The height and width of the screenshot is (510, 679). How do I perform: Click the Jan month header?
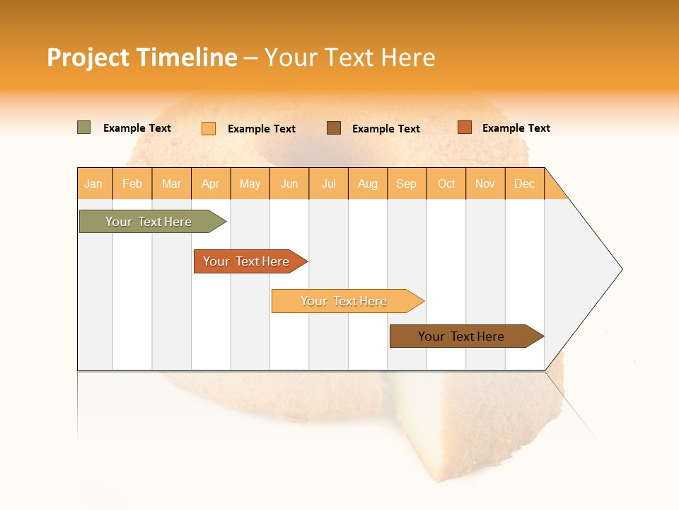click(x=93, y=183)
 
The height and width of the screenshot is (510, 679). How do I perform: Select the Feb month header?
click(x=132, y=183)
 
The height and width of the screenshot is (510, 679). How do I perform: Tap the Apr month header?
click(x=210, y=183)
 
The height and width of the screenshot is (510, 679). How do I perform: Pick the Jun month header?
click(x=289, y=183)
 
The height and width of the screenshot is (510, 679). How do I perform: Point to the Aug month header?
click(x=367, y=183)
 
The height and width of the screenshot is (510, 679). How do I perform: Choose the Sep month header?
click(x=406, y=183)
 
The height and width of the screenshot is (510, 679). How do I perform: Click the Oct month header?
click(x=446, y=183)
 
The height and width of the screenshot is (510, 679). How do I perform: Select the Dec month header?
click(x=524, y=183)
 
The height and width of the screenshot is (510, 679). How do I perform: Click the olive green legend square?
click(x=83, y=127)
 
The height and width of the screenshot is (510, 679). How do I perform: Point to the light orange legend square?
click(x=209, y=128)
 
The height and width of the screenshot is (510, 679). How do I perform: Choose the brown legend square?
click(x=334, y=127)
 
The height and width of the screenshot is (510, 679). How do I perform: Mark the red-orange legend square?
click(x=464, y=127)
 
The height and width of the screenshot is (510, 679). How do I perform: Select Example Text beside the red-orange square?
click(x=516, y=127)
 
